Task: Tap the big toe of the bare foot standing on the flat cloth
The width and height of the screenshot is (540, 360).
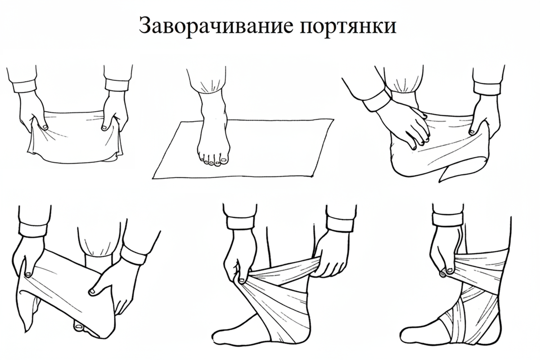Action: (224, 159)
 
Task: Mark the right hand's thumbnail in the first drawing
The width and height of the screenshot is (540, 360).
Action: (104, 127)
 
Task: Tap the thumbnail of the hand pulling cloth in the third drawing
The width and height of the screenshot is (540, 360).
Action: (472, 132)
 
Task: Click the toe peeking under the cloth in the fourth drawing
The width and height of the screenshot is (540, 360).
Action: (79, 327)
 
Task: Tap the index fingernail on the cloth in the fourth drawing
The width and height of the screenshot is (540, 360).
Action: (92, 292)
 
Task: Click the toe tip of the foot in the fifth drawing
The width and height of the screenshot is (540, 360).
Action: (214, 337)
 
